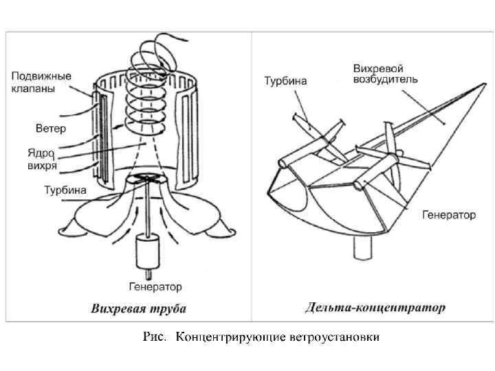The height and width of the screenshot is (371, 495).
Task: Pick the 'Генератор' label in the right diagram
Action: (448, 215)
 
